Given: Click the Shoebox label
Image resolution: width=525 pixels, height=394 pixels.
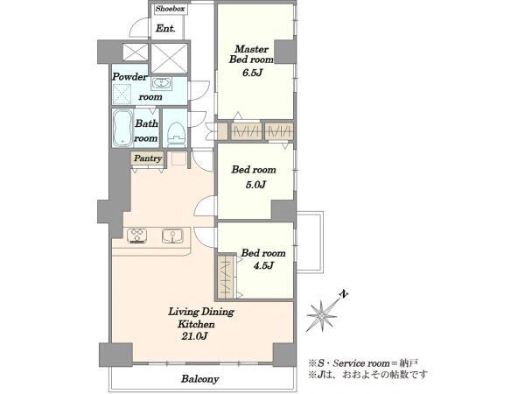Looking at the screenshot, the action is (171, 9).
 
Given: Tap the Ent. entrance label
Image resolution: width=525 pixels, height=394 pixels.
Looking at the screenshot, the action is (165, 29).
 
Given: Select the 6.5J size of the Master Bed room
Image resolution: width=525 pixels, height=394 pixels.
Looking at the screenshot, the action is (252, 73).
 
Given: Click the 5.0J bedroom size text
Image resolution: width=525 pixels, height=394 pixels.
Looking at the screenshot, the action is (255, 185).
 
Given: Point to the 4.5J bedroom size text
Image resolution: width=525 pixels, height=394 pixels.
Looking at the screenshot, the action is (264, 265).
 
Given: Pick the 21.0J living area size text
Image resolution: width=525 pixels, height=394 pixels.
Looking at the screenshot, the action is (194, 336).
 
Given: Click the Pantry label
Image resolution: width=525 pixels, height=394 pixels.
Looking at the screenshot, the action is (148, 158).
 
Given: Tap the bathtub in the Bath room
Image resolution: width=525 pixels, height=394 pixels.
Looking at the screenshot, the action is (122, 129).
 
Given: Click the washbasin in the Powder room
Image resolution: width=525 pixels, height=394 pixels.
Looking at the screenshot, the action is (161, 83).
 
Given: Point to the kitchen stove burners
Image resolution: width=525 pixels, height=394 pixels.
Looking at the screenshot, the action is (137, 236).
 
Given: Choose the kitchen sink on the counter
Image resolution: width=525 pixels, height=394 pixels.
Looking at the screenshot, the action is (172, 236).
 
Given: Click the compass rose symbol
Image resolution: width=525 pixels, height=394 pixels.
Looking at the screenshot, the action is (322, 315).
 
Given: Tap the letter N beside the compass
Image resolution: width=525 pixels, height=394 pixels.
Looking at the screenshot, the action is (344, 295).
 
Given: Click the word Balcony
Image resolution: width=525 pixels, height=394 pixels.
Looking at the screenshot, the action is (200, 379).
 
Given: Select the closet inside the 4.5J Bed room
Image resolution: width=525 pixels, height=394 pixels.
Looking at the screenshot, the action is (227, 276).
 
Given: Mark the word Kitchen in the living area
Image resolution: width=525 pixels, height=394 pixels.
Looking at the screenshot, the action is (196, 324).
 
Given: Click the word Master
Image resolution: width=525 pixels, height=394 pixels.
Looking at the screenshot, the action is (251, 49).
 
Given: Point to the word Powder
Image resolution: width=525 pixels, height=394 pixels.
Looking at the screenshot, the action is (129, 77).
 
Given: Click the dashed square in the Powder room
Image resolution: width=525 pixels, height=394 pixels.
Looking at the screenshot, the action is (122, 93).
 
